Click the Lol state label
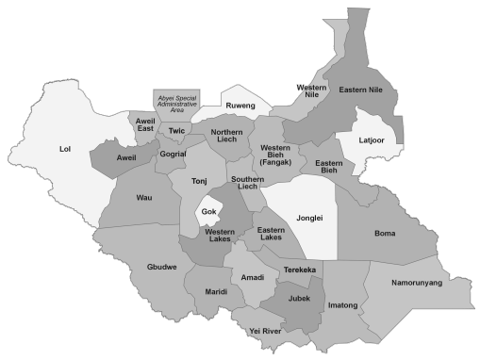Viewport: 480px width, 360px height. [65, 149]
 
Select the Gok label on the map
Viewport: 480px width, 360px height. [208, 212]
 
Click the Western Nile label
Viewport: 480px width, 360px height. [311, 91]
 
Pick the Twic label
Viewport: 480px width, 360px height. [176, 131]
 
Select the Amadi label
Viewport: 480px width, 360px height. [252, 278]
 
